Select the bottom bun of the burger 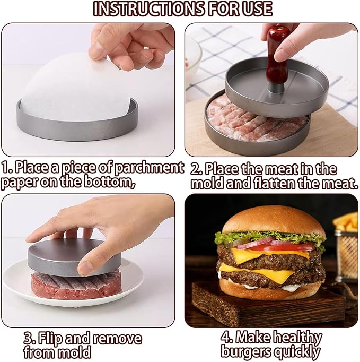[270, 289]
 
